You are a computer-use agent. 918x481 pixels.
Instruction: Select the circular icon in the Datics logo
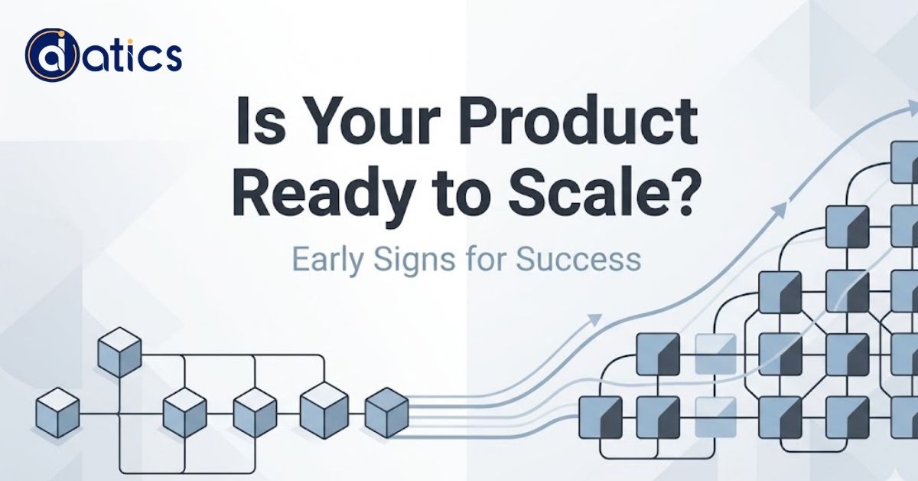click(52, 56)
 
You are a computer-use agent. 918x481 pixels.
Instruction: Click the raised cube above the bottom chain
click(120, 352)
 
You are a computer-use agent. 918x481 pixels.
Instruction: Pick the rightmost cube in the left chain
click(386, 412)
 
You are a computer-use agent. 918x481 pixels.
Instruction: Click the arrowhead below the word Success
click(593, 321)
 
